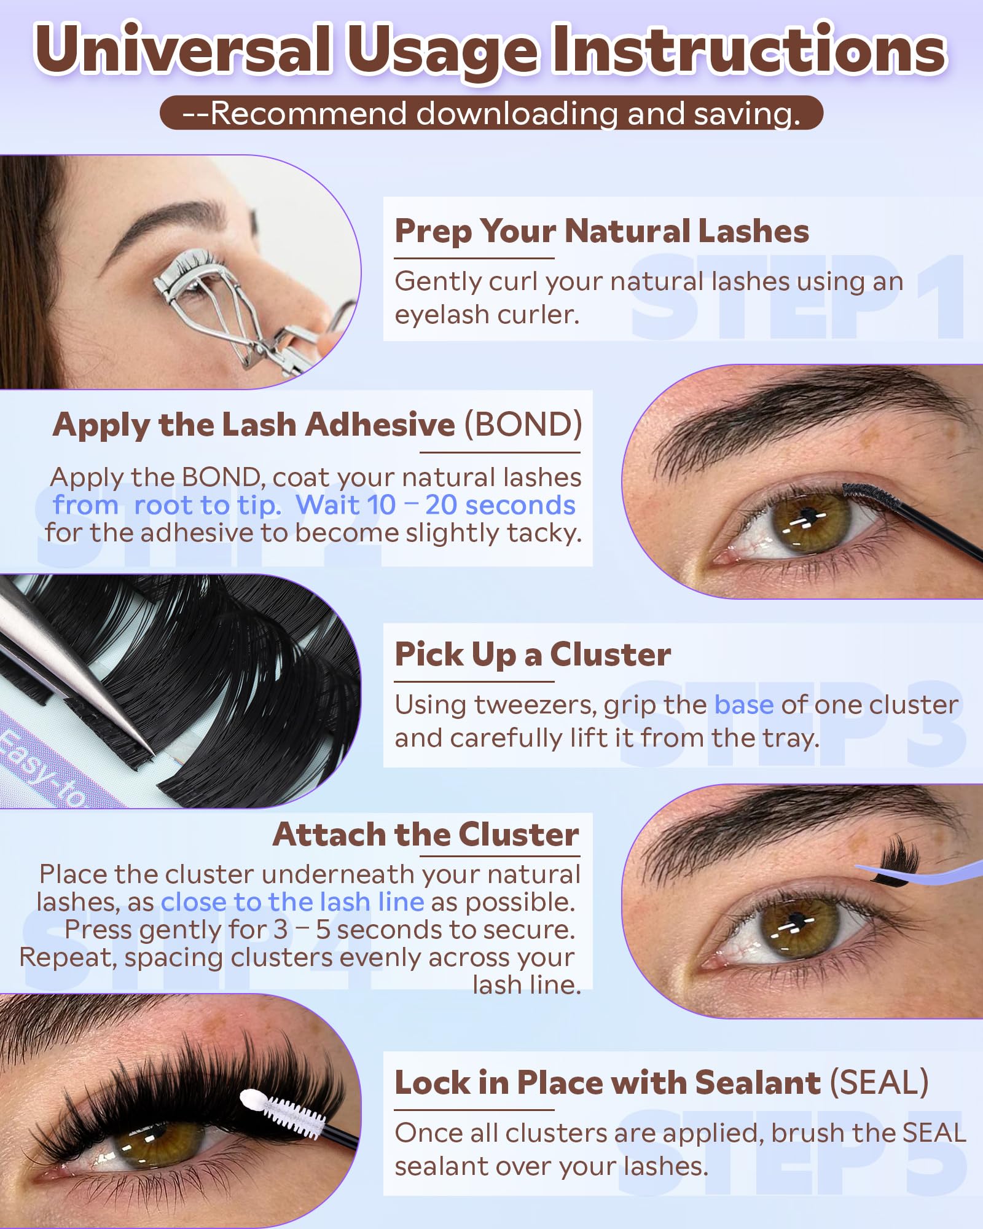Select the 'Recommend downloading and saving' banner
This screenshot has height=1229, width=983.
click(491, 113)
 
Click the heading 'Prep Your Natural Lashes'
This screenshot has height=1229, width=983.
click(601, 232)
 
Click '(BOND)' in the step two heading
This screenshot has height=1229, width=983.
click(522, 425)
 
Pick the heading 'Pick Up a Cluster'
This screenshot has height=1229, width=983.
click(533, 654)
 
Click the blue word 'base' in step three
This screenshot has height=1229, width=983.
click(743, 705)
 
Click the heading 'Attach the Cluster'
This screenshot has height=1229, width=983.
click(426, 834)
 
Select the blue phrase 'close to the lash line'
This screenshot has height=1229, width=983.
click(292, 902)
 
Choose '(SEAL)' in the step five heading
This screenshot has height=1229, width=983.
click(879, 1082)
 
